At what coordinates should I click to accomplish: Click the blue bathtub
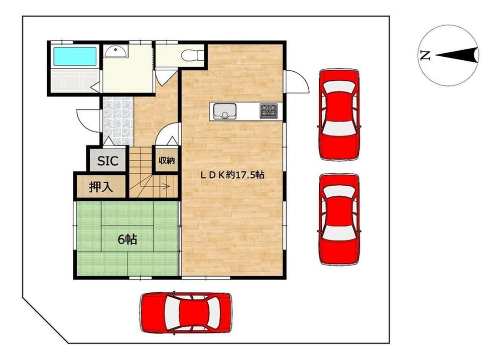coord(75,56)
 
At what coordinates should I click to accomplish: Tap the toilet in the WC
coord(192,55)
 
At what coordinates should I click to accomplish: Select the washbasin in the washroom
coord(116,52)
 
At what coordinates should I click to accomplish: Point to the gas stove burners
coord(268,111)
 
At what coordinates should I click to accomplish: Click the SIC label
coord(107,161)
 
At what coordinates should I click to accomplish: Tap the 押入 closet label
coord(101,187)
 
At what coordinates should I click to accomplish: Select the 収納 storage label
coord(167,160)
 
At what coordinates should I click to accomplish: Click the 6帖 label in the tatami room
coord(128,239)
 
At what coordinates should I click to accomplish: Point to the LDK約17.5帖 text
coord(232,175)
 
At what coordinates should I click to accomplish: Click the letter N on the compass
coord(425,55)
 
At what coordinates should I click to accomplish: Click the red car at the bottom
coord(186,313)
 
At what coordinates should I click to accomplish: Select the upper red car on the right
coord(339,114)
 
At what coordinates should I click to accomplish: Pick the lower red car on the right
coord(339,219)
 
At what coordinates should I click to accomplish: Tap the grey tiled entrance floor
coord(117,121)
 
